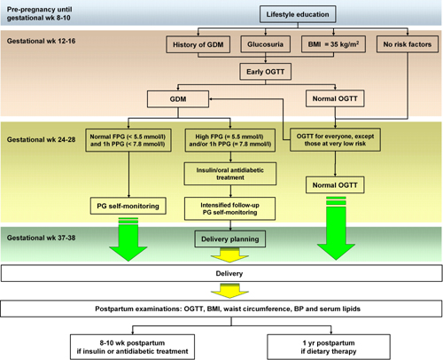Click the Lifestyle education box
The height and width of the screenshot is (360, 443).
(x=298, y=14)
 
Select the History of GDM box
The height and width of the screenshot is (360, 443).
(x=198, y=44)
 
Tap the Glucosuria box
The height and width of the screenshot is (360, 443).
(x=266, y=44)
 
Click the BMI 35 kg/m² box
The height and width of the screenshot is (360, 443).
(x=333, y=44)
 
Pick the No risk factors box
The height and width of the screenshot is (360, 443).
(x=408, y=44)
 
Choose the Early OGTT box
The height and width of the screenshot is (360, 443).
(x=266, y=72)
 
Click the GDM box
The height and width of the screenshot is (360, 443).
(x=178, y=99)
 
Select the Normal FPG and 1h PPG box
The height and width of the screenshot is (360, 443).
(x=128, y=140)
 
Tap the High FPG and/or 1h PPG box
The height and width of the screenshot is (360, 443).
(x=230, y=140)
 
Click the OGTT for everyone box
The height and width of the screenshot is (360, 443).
(x=335, y=140)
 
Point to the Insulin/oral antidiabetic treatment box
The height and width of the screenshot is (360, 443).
(x=230, y=174)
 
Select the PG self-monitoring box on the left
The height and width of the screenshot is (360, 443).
(x=128, y=206)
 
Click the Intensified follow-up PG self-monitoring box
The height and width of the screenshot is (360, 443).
(x=230, y=208)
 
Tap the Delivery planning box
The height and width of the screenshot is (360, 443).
(x=230, y=239)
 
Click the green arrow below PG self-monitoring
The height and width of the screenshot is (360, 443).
(x=128, y=239)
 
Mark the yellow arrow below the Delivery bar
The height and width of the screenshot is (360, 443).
(x=229, y=291)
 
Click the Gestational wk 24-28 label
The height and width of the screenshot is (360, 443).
(x=42, y=139)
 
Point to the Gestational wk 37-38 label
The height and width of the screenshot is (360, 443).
(x=42, y=238)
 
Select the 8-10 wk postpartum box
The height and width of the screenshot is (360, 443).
(x=133, y=347)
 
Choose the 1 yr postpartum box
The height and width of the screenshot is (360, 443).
(x=329, y=347)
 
